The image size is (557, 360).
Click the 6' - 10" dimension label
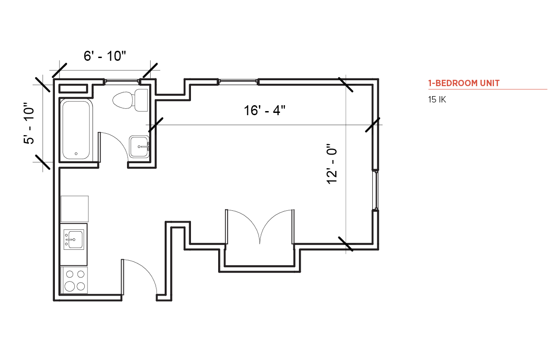(x=105, y=56)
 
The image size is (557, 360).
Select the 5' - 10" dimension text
(x=29, y=123)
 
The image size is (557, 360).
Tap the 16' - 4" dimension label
(x=264, y=110)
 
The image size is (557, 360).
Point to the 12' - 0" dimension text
(x=332, y=164)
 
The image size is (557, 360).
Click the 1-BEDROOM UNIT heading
(x=464, y=83)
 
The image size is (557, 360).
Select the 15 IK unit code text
(x=437, y=100)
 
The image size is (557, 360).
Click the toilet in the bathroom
(x=130, y=100)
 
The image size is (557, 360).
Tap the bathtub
(x=76, y=130)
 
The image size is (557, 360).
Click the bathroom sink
(x=139, y=147)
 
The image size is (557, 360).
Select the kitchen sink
(x=73, y=239)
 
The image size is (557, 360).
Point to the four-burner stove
(x=74, y=280)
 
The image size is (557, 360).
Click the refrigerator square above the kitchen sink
(x=74, y=209)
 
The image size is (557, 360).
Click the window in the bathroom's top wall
(x=122, y=81)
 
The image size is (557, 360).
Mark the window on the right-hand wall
(x=376, y=190)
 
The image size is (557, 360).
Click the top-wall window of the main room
(x=238, y=81)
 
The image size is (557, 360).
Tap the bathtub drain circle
(x=76, y=154)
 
